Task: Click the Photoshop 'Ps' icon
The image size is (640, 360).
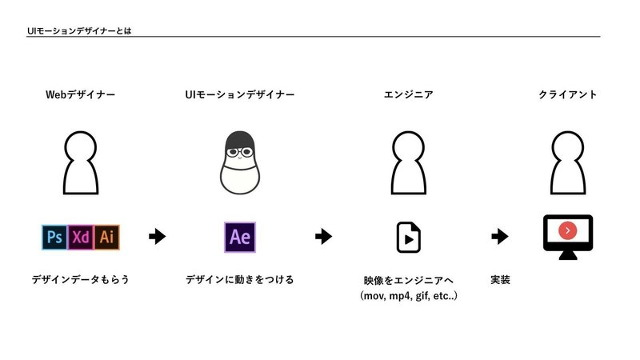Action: pyautogui.click(x=54, y=237)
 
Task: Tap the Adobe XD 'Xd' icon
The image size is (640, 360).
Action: pyautogui.click(x=80, y=237)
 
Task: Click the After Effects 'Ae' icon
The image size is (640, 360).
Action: pyautogui.click(x=239, y=237)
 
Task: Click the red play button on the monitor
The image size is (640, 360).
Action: pyautogui.click(x=566, y=230)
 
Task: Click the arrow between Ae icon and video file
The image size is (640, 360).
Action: pyautogui.click(x=323, y=237)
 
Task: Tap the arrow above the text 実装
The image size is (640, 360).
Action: pyautogui.click(x=500, y=237)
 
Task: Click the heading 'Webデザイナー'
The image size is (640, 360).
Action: pyautogui.click(x=80, y=95)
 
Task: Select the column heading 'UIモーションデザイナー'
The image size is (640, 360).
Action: pyautogui.click(x=239, y=95)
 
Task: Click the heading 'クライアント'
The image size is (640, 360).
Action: pyautogui.click(x=567, y=95)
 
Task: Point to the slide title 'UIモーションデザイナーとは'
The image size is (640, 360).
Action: pyautogui.click(x=77, y=30)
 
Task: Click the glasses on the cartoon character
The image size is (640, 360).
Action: pyautogui.click(x=239, y=150)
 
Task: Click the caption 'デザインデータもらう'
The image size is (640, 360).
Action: pyautogui.click(x=80, y=280)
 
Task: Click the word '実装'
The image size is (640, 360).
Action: pyautogui.click(x=500, y=280)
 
